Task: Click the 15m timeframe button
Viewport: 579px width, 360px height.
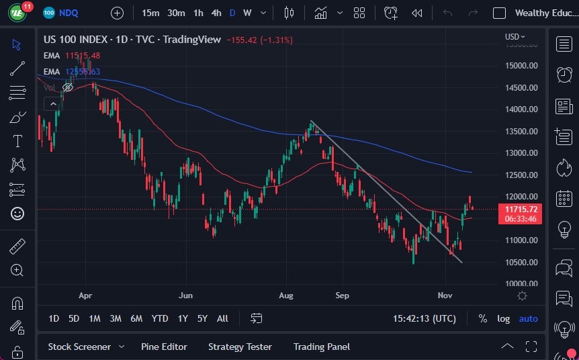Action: tap(151, 13)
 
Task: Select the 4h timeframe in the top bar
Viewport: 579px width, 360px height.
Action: tap(216, 13)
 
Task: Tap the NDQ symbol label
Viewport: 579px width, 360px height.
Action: tap(70, 13)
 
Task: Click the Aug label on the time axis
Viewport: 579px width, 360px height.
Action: tap(286, 295)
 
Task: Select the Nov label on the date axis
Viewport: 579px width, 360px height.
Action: tap(445, 295)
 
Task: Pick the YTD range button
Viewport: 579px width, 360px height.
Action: tap(160, 318)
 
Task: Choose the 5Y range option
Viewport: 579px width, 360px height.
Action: tap(202, 318)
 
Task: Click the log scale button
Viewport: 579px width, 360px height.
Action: tap(503, 318)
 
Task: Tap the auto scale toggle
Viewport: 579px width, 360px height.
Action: tap(529, 318)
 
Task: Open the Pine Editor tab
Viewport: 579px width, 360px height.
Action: tap(164, 347)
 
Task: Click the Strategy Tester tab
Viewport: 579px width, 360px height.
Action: tap(240, 347)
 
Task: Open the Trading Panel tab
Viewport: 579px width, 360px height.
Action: tap(322, 347)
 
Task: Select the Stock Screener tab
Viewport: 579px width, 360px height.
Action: tap(79, 347)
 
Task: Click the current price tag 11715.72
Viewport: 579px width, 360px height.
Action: tap(521, 210)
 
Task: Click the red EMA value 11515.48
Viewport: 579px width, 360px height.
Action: tap(83, 55)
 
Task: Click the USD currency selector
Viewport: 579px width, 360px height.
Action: tap(515, 36)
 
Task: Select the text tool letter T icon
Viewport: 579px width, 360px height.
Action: tap(17, 141)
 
